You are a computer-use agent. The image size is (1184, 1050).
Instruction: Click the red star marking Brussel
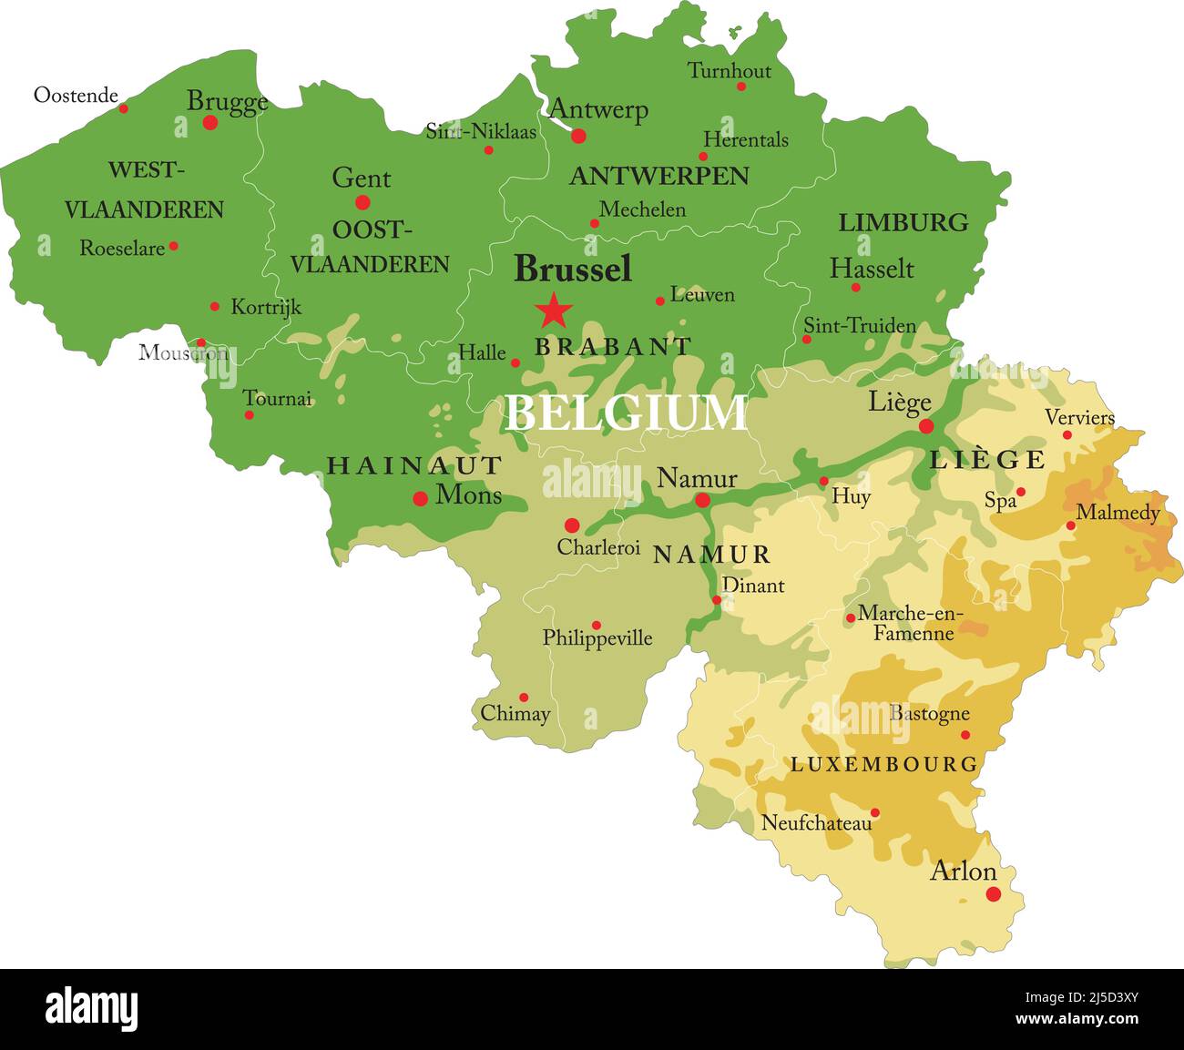coord(554,311)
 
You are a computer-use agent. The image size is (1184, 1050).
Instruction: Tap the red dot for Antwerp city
coord(578,137)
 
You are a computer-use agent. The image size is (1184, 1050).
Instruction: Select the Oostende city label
coord(76,96)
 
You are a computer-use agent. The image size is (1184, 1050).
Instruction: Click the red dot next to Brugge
coord(210,122)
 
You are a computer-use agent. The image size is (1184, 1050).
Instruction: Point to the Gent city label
coord(361,178)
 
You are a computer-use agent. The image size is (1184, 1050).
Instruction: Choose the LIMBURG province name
coord(903,222)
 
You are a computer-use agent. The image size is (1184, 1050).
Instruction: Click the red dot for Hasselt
coord(855,288)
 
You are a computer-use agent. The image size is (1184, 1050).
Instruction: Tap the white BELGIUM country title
coord(626,413)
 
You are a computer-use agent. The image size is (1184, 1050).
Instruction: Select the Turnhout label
coord(729,71)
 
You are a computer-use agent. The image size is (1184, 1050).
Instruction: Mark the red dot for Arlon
coord(994,894)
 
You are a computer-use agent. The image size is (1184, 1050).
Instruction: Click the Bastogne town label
coord(929,714)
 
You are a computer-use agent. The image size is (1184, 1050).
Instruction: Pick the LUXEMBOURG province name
coord(883,764)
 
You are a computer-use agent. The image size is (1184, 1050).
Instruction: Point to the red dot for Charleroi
coord(572,525)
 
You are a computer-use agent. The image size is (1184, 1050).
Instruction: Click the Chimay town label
coord(515,714)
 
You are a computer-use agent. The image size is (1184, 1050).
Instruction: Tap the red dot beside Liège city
coord(926,426)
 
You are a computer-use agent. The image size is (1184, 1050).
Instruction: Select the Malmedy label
coord(1118,513)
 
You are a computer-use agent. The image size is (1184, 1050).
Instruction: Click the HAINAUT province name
coord(414,466)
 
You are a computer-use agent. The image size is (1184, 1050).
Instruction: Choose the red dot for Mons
coord(421,498)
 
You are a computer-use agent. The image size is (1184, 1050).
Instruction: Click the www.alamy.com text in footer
coord(1077,1019)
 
